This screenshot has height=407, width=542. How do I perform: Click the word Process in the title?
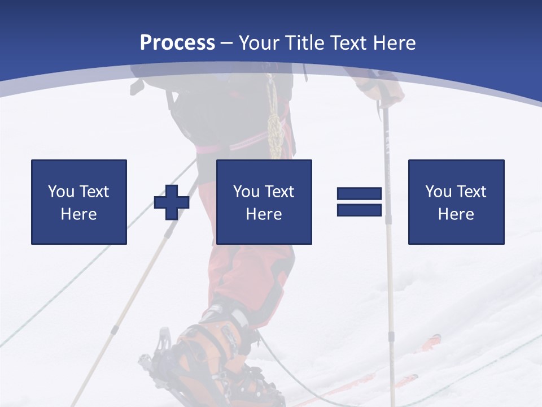177,43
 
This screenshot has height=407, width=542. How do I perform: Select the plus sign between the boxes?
172,202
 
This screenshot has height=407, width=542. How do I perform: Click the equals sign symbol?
359,202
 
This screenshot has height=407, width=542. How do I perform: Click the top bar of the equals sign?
359,194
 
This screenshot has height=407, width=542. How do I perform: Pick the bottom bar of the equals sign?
359,210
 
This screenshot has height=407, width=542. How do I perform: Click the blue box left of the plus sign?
79,202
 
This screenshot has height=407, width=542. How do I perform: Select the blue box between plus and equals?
264,202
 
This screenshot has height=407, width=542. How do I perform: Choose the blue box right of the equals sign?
456,202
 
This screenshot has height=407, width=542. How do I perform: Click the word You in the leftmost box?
61,191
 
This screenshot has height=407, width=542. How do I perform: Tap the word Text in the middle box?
279,191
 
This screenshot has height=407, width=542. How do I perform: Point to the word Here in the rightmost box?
456,214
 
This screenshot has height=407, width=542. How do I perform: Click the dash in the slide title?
226,43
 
